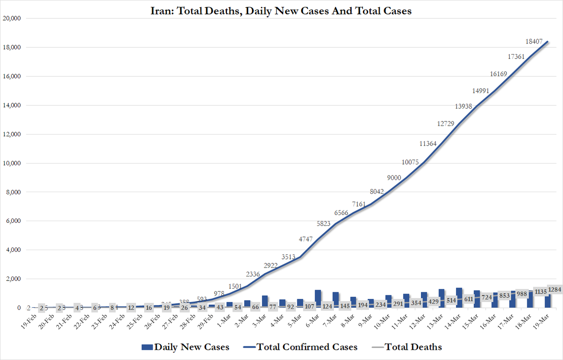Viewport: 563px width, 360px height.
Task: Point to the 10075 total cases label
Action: tap(411, 162)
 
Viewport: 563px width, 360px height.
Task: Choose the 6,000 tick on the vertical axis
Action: tap(14, 221)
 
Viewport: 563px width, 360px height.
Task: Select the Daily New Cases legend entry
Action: tap(186, 347)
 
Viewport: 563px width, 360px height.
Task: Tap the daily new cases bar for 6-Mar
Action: tap(318, 299)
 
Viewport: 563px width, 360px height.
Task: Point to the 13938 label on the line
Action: tap(464, 106)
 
